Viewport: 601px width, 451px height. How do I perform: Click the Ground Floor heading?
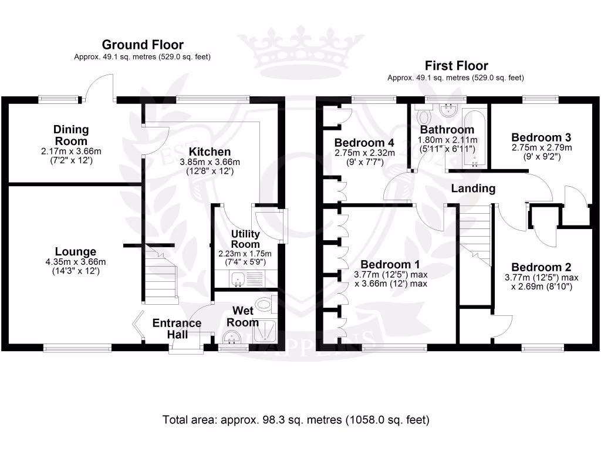tap(143, 45)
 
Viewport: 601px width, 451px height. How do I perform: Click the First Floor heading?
tap(456, 66)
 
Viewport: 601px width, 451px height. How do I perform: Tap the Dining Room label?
tap(70, 135)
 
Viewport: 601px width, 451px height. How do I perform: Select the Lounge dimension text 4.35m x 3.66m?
tap(72, 262)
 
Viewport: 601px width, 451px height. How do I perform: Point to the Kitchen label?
tap(209, 152)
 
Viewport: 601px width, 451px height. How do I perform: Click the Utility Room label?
tap(245, 239)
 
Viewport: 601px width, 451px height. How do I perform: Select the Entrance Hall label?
tap(177, 328)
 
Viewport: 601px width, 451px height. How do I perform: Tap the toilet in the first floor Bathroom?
tap(422, 112)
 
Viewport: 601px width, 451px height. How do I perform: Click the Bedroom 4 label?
tap(364, 142)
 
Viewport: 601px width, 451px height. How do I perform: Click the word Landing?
tap(473, 189)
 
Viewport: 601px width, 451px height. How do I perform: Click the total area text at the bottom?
tap(296, 420)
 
